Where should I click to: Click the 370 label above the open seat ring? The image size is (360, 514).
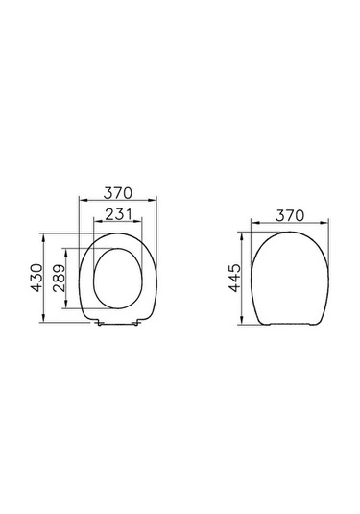118,194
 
